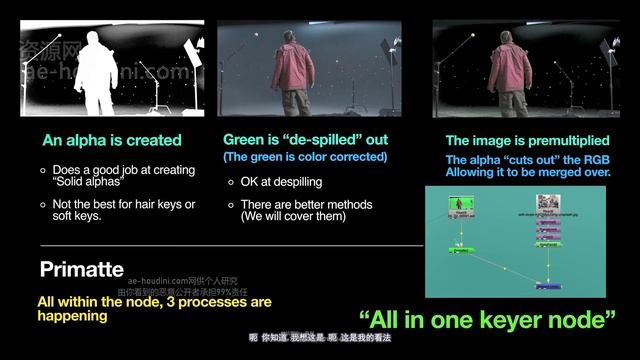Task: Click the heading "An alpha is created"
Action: point(111,141)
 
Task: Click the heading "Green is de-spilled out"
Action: point(305,140)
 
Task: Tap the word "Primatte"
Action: point(83,270)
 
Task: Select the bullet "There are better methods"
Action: point(306,205)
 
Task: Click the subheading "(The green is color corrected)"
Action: point(304,157)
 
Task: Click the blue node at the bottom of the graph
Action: point(548,286)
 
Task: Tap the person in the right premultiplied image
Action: point(515,70)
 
